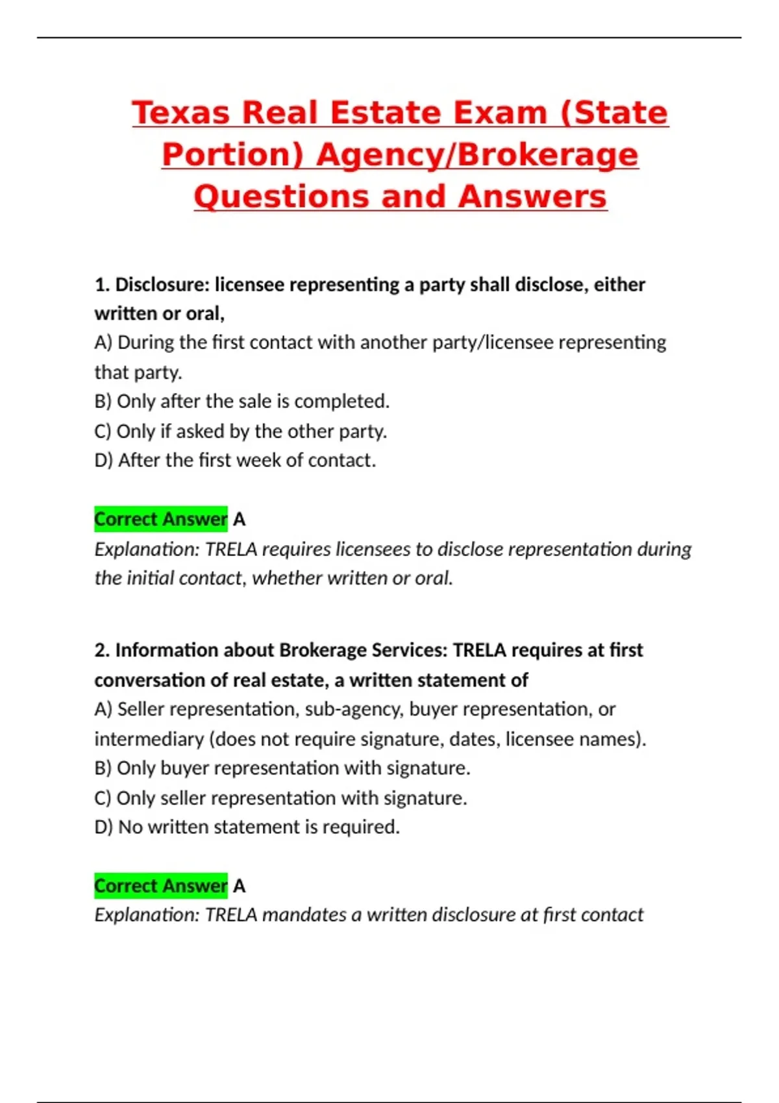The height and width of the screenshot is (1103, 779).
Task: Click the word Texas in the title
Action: (181, 113)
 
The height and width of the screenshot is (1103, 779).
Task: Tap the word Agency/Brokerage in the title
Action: (477, 155)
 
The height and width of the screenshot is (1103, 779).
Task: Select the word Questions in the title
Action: (283, 197)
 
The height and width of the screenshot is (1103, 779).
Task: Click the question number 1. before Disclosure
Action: (103, 285)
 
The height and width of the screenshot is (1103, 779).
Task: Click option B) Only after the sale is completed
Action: (241, 402)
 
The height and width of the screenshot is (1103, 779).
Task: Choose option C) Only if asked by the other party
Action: (240, 431)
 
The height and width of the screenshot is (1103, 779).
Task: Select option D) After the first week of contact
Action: (235, 461)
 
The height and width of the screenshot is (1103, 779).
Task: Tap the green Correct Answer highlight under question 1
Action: (160, 519)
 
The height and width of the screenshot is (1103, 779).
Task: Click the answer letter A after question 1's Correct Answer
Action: (239, 520)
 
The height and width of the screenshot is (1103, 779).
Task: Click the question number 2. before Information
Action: (103, 650)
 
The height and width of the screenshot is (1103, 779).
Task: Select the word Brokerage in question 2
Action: (324, 650)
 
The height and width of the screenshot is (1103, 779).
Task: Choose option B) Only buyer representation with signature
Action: (282, 768)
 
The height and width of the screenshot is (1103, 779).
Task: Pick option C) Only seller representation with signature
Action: (280, 798)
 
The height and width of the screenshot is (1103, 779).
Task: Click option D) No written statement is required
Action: (247, 827)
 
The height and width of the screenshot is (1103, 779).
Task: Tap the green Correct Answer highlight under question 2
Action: (160, 886)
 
